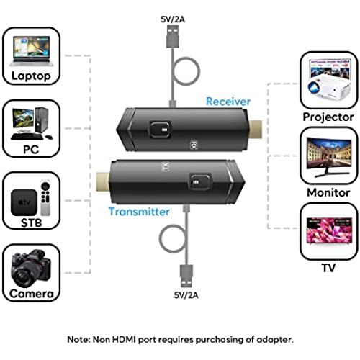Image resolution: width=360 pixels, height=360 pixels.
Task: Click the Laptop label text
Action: pyautogui.click(x=31, y=76)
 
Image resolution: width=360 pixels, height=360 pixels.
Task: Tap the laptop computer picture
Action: pyautogui.click(x=31, y=51)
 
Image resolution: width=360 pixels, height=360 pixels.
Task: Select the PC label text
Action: pyautogui.click(x=31, y=150)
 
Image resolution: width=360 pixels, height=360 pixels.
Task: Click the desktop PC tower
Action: pyautogui.click(x=42, y=120)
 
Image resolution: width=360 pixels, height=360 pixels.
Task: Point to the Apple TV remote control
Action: pyautogui.click(x=45, y=199)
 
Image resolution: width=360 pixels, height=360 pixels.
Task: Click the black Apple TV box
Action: pyautogui.click(x=24, y=202)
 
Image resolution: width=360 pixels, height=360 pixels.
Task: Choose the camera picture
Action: pyautogui.click(x=31, y=268)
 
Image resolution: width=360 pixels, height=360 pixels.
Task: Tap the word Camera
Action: pyautogui.click(x=32, y=294)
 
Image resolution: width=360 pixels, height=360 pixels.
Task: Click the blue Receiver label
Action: pyautogui.click(x=228, y=102)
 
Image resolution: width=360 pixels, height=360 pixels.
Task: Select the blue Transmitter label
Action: pyautogui.click(x=139, y=212)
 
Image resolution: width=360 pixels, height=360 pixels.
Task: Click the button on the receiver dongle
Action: pyautogui.click(x=161, y=130)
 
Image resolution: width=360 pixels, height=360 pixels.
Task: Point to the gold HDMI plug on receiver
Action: pyautogui.click(x=256, y=130)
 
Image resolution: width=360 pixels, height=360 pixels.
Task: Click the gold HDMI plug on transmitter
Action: pyautogui.click(x=103, y=181)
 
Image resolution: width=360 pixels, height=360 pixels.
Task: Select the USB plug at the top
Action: pyautogui.click(x=173, y=37)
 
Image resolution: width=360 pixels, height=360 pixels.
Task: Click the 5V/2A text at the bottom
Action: pyautogui.click(x=186, y=295)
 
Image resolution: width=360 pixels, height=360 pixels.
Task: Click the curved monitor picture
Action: pyautogui.click(x=329, y=157)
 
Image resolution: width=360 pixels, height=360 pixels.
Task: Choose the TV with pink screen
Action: pyautogui.click(x=329, y=230)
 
